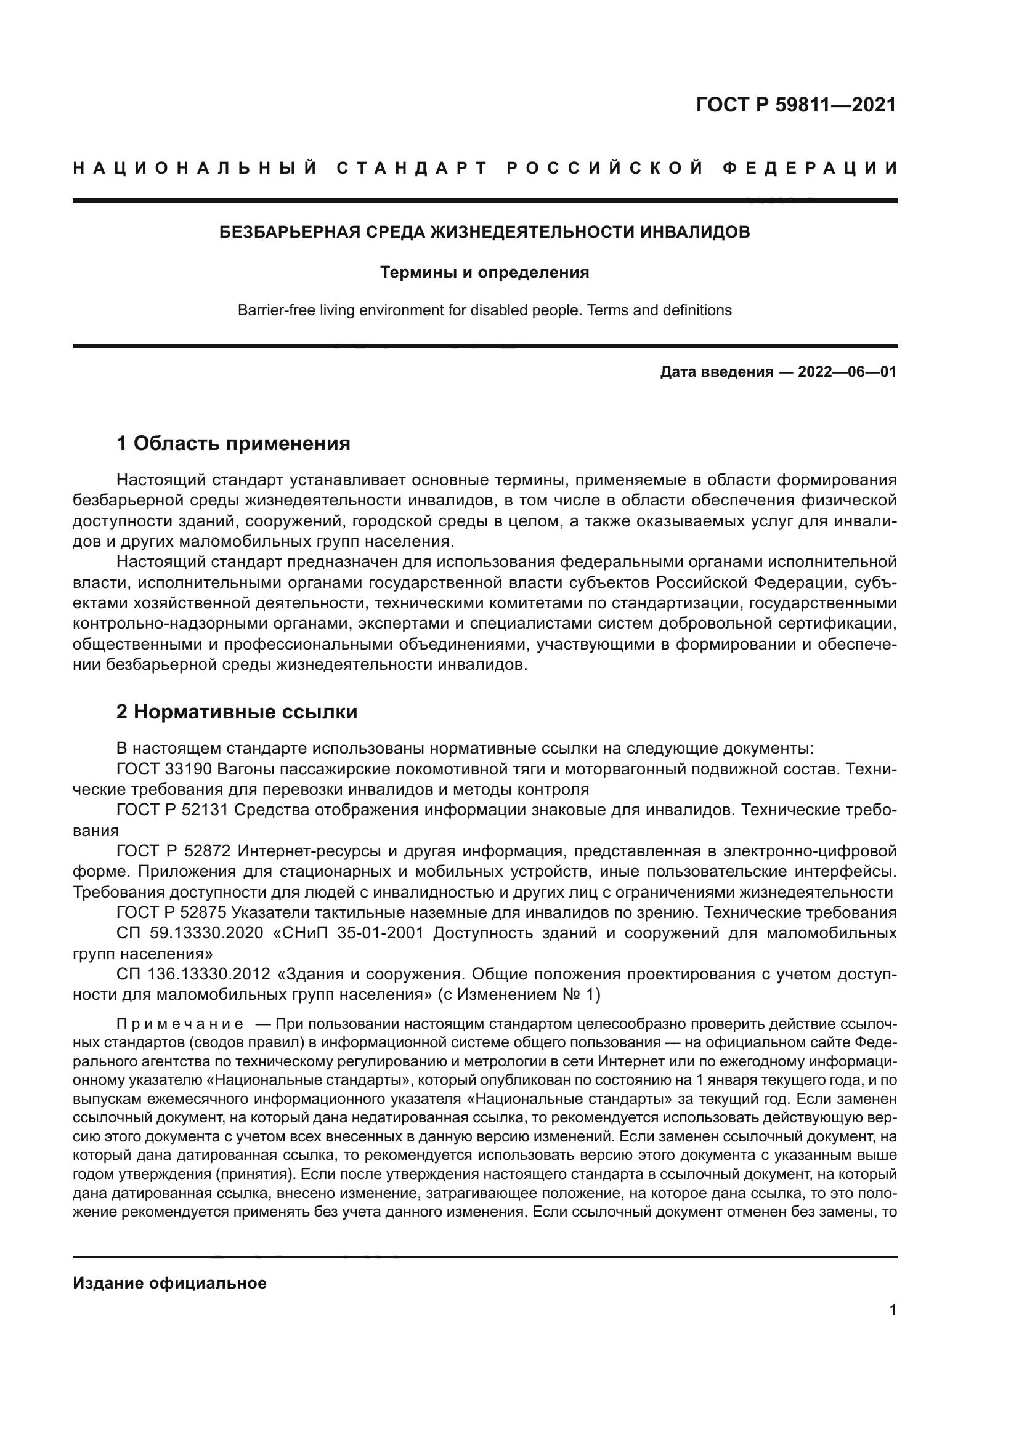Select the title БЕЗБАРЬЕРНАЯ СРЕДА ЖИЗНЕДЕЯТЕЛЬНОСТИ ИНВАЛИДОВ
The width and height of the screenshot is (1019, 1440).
[484, 232]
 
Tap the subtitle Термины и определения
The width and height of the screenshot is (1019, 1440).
[484, 272]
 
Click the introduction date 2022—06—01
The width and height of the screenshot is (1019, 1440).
[846, 372]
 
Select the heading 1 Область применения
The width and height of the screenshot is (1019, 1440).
[233, 444]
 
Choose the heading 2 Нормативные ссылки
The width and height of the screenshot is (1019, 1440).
[237, 712]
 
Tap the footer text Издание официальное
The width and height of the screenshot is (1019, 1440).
[169, 1283]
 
